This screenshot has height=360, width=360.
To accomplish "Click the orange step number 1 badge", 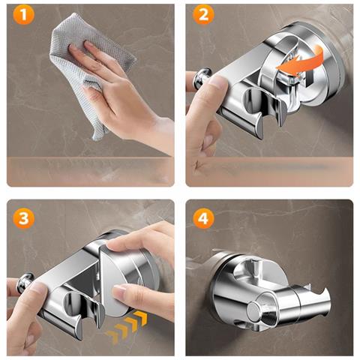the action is pyautogui.click(x=24, y=14).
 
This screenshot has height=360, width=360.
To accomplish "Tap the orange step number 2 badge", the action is pyautogui.click(x=203, y=14).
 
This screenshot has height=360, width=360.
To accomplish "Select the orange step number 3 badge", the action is pyautogui.click(x=24, y=218).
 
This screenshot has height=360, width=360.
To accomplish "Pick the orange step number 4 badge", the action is pyautogui.click(x=203, y=218).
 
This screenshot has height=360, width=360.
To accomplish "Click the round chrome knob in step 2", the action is pyautogui.click(x=202, y=78).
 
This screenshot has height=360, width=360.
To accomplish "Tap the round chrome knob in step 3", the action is pyautogui.click(x=24, y=283).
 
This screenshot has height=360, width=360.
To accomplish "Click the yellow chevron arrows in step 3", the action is pyautogui.click(x=127, y=325).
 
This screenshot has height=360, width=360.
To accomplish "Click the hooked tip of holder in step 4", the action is pyautogui.click(x=324, y=293).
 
